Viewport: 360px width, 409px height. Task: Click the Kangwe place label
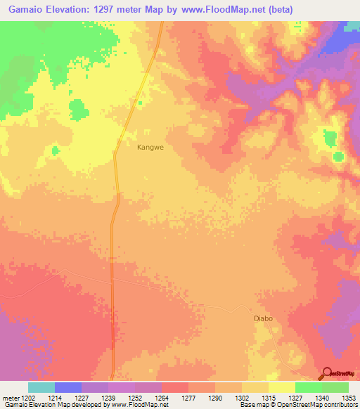(x=151, y=148)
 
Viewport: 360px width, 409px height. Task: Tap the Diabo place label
(x=262, y=318)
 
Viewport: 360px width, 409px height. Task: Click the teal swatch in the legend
(x=41, y=387)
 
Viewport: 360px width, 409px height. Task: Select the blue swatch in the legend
(x=68, y=387)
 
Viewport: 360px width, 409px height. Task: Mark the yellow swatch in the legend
(x=281, y=387)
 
